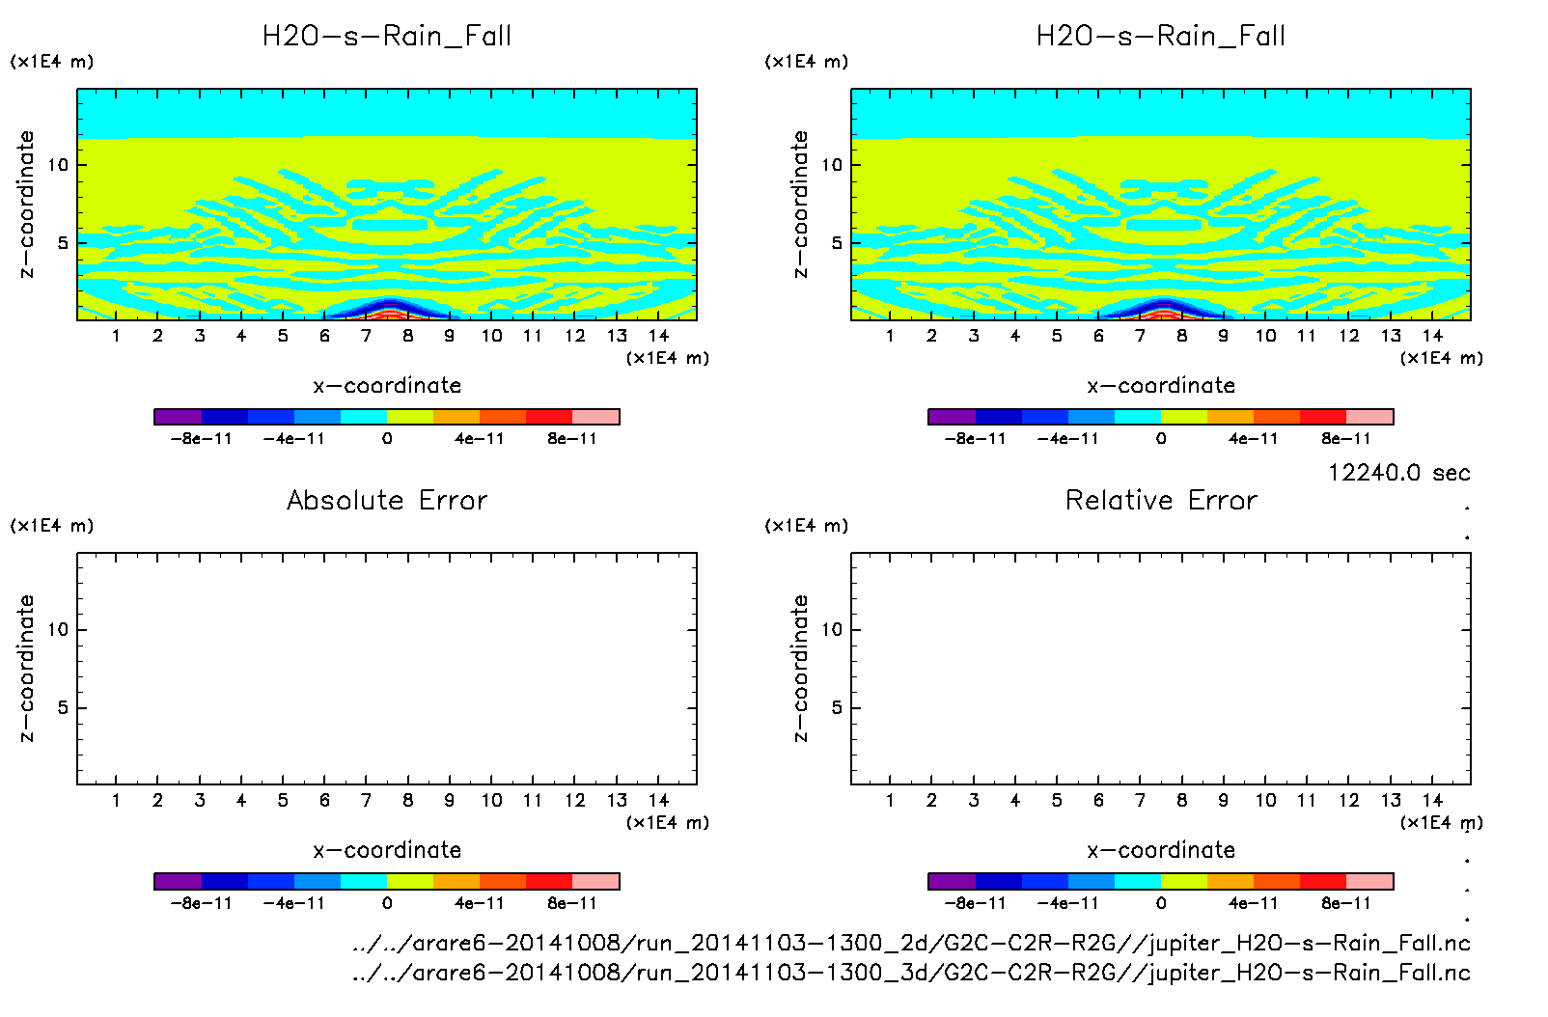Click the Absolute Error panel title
[x=387, y=500]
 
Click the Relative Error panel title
[x=1161, y=500]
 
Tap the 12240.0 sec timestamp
[x=1398, y=473]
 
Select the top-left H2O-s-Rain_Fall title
[x=387, y=37]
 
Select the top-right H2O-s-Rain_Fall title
[x=1161, y=37]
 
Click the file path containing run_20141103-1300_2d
[x=911, y=943]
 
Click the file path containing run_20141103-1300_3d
[x=911, y=973]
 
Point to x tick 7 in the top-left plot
[x=366, y=336]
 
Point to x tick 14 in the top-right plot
[x=1432, y=336]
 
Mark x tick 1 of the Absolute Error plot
[x=116, y=800]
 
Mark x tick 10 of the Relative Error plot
[x=1265, y=800]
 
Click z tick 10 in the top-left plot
[x=59, y=165]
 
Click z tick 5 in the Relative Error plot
[x=836, y=708]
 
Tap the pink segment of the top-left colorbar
[x=595, y=417]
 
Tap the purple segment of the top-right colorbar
[x=952, y=417]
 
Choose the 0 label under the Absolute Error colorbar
[x=387, y=903]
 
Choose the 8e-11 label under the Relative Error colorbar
[x=1346, y=903]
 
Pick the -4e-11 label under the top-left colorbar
[x=294, y=439]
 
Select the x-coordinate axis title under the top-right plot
[x=1161, y=386]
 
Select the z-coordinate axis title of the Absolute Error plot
[x=27, y=669]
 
